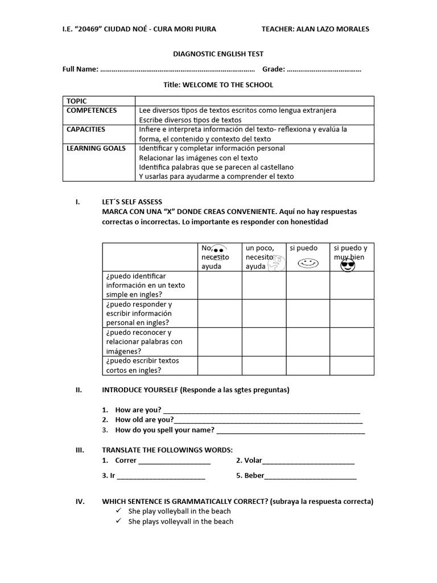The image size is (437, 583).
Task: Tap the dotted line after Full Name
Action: click(177, 70)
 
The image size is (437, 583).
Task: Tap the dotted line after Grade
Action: click(324, 70)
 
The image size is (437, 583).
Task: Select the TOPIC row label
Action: click(77, 101)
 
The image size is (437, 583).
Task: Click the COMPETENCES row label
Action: click(92, 110)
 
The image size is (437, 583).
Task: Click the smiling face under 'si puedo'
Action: click(308, 263)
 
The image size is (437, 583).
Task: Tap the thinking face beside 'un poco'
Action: click(276, 263)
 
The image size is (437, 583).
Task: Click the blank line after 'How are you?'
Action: click(261, 410)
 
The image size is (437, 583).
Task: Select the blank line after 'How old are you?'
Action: click(268, 421)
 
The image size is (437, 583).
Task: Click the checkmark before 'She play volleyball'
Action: click(118, 511)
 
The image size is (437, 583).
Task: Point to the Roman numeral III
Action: click(80, 450)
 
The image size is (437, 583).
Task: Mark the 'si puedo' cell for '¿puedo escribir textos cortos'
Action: click(308, 366)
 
